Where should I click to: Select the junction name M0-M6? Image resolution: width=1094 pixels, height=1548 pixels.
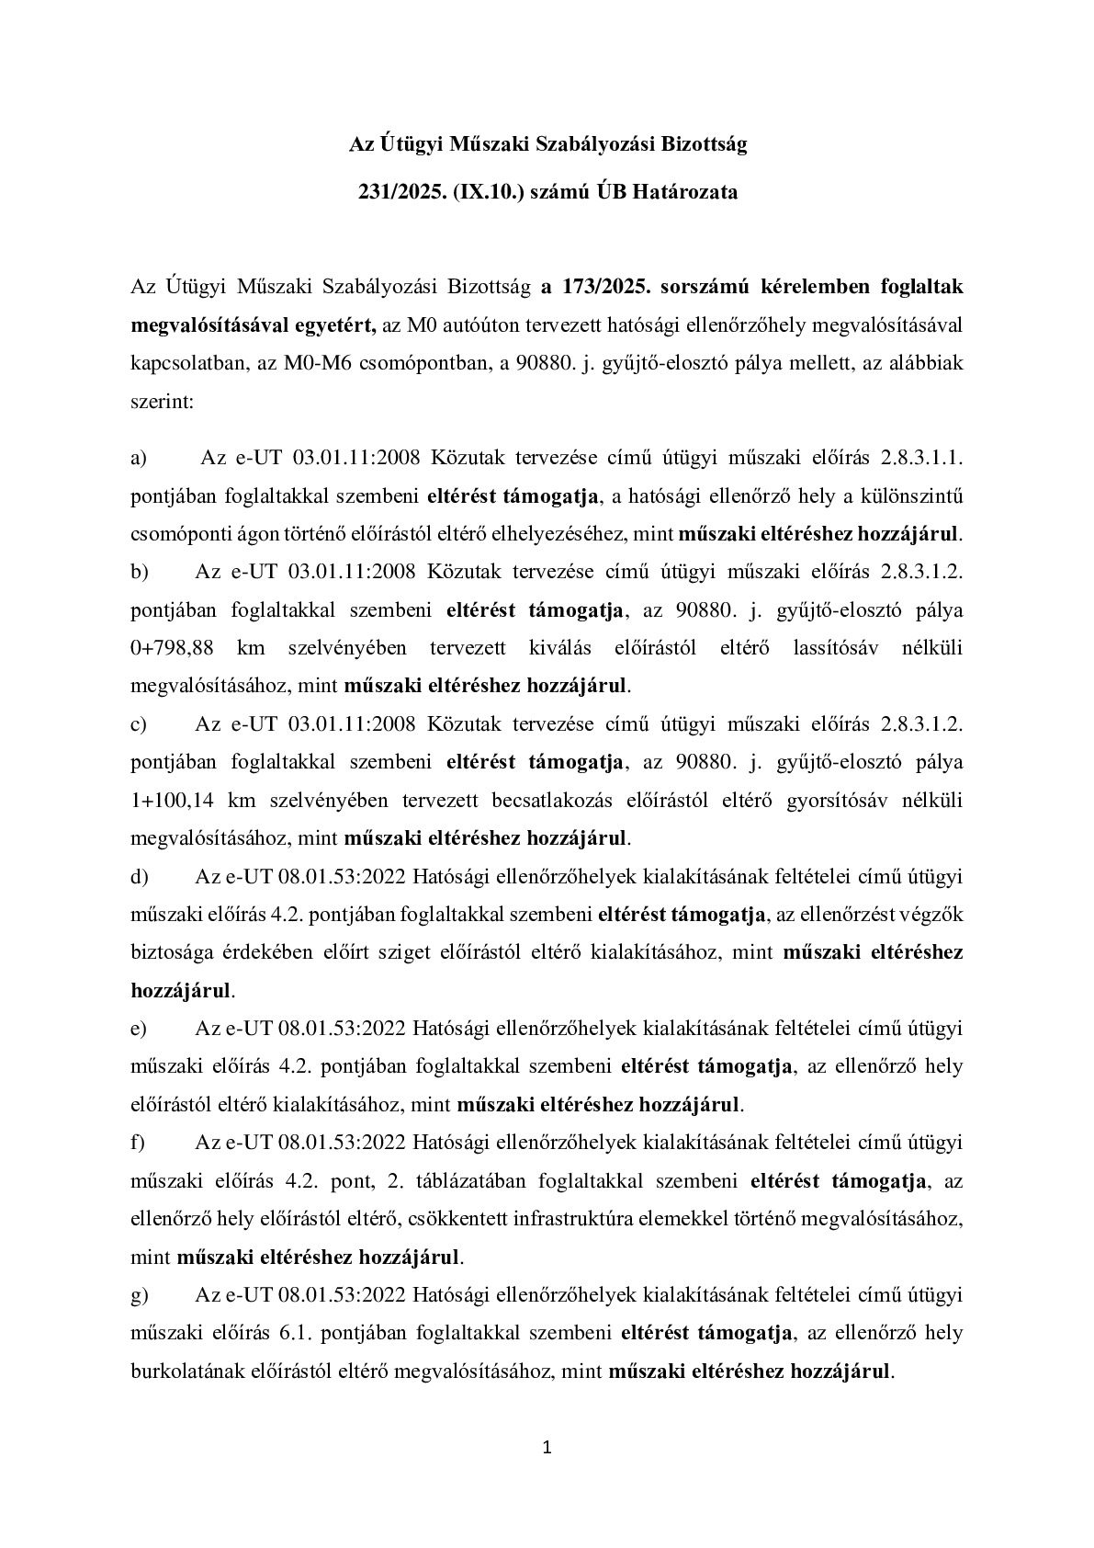click(x=297, y=363)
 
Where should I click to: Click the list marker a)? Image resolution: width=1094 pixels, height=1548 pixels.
click(x=139, y=458)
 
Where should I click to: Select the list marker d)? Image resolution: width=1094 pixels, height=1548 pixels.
click(x=140, y=877)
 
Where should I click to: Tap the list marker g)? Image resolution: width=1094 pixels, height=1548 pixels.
click(x=140, y=1295)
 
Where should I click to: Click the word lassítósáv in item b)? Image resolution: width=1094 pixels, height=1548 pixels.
click(x=835, y=647)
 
